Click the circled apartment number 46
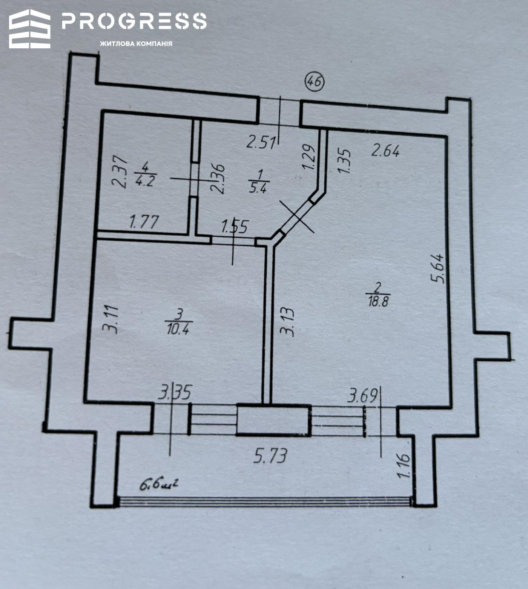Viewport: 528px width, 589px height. (x=315, y=82)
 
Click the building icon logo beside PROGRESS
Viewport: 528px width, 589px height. (x=30, y=29)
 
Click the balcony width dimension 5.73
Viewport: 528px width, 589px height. (x=270, y=456)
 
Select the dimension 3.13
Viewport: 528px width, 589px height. (x=287, y=322)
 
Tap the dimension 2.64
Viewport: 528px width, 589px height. (x=385, y=151)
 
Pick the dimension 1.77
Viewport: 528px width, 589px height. (x=144, y=222)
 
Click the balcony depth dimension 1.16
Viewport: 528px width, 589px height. (x=404, y=466)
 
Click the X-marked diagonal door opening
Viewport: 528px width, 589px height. (x=297, y=217)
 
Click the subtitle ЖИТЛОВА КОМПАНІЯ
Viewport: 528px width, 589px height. (x=136, y=44)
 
